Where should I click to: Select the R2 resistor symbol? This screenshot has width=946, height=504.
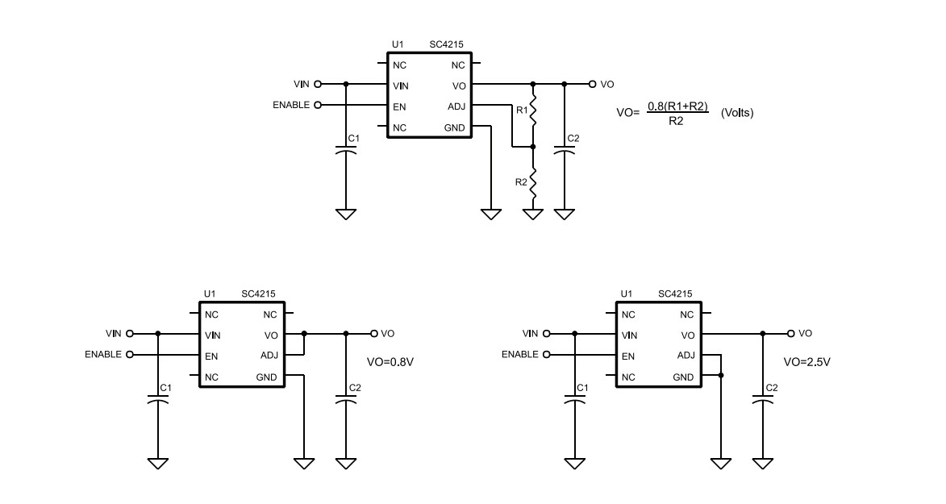(532, 180)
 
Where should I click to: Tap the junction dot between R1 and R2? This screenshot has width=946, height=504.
(532, 147)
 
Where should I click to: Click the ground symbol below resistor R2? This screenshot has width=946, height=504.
(532, 215)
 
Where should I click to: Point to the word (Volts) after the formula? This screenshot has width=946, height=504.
(737, 113)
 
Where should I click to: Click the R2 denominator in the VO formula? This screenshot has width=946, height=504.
(677, 120)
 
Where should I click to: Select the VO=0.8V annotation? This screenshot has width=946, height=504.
(390, 362)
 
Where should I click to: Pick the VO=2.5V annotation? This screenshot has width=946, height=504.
(806, 362)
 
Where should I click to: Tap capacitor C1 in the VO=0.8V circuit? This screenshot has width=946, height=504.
(158, 398)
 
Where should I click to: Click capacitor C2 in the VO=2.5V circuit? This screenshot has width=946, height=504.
(763, 398)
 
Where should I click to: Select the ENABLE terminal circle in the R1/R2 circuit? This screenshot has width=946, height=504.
(317, 105)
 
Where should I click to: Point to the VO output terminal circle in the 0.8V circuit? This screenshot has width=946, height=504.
(374, 333)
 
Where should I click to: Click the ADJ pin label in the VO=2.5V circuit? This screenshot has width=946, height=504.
(686, 356)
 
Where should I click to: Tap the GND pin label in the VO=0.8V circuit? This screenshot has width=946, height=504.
(266, 377)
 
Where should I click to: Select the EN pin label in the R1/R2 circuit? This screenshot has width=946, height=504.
(399, 106)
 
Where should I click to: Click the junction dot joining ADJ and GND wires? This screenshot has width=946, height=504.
(720, 376)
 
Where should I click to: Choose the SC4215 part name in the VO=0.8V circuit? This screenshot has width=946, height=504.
(259, 294)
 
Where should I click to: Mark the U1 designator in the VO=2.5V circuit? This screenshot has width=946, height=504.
(626, 294)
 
